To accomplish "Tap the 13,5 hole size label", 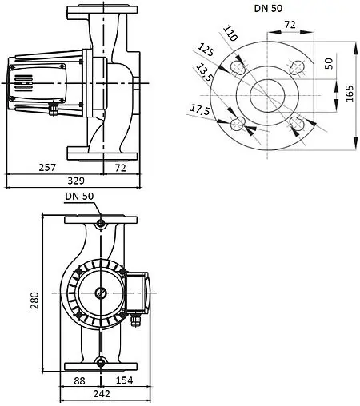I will [204, 74].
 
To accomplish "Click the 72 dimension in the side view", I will [122, 168].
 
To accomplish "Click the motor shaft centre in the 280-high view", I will [101, 293].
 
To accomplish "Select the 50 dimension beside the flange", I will [328, 63].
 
